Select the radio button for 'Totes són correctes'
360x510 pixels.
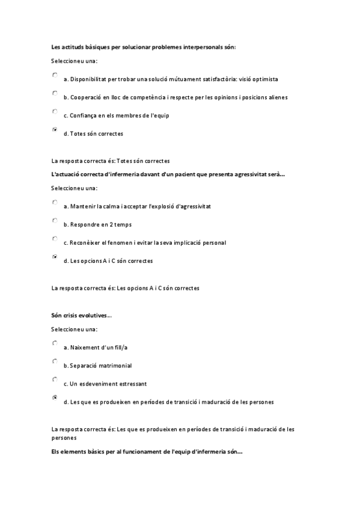55,129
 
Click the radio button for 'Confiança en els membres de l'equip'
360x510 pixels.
55,111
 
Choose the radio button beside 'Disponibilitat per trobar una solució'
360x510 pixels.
55,75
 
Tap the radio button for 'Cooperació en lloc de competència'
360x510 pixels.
55,93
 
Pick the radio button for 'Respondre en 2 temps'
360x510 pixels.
55,221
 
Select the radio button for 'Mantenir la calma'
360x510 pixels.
55,203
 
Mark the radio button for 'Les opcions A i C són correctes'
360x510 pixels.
55,257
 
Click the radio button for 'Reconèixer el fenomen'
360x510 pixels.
55,239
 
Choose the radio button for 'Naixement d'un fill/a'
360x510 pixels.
55,343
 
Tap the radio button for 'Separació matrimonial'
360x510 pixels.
55,361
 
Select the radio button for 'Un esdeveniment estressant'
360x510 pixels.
55,379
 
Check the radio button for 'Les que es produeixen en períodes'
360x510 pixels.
55,398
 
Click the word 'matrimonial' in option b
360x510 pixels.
115,366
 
